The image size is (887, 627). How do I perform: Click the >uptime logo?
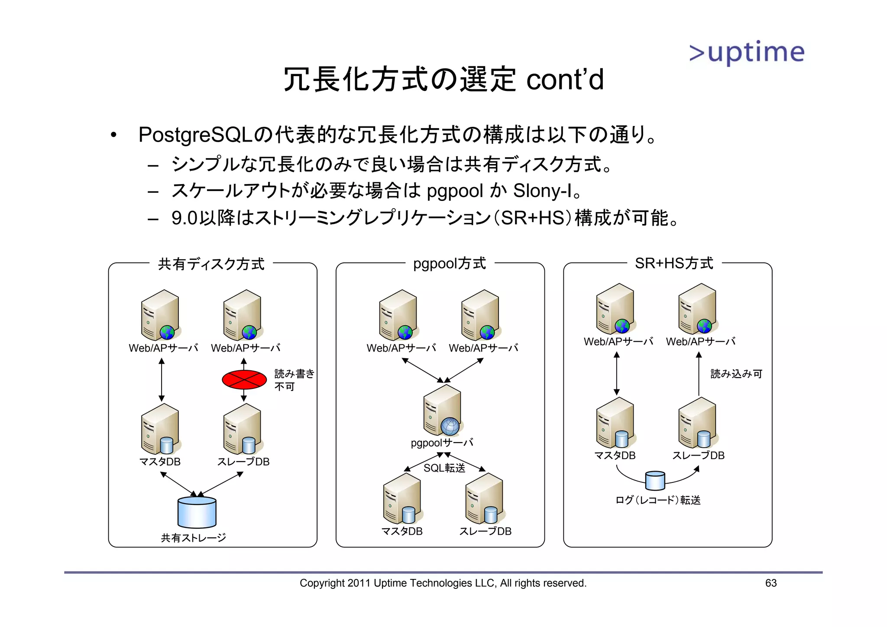pyautogui.click(x=747, y=52)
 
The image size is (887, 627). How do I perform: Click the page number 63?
pyautogui.click(x=770, y=583)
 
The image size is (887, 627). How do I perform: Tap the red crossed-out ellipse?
pyautogui.click(x=244, y=380)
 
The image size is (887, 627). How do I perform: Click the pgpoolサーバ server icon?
pyautogui.click(x=442, y=410)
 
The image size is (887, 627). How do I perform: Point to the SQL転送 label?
pyautogui.click(x=444, y=468)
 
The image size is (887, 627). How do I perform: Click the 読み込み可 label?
pyautogui.click(x=736, y=374)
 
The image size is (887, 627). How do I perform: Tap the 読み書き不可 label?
pyautogui.click(x=294, y=380)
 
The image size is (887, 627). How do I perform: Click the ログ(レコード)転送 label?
pyautogui.click(x=658, y=500)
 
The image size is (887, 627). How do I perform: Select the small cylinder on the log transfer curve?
pyautogui.click(x=655, y=480)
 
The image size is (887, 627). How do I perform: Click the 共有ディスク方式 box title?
pyautogui.click(x=211, y=264)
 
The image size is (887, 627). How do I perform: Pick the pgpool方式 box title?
pyautogui.click(x=449, y=263)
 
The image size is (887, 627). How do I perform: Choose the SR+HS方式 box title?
pyautogui.click(x=673, y=263)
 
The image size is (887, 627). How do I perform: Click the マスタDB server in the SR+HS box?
pyautogui.click(x=615, y=423)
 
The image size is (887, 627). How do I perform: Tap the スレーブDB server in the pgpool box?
pyautogui.click(x=485, y=498)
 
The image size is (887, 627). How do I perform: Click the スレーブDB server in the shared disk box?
pyautogui.click(x=243, y=429)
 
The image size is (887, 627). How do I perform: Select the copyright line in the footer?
pyautogui.click(x=443, y=583)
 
